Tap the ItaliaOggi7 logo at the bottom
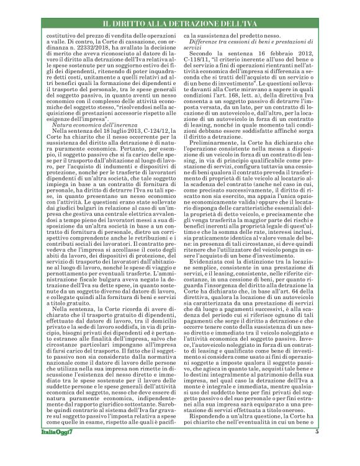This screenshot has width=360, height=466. coord(55,450)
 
